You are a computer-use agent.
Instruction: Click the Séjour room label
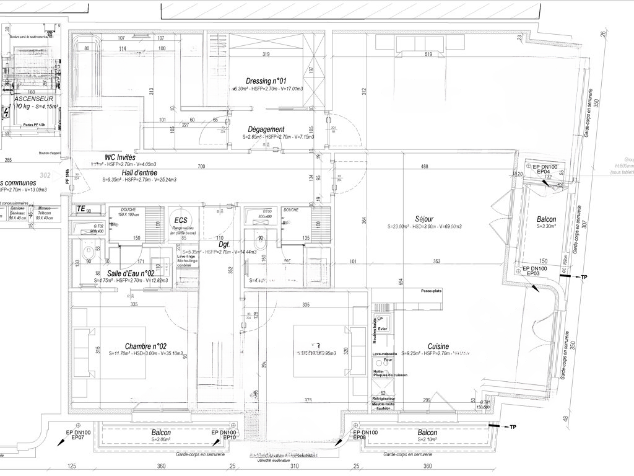[x=425, y=219]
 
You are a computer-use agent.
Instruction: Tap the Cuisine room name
[x=438, y=346]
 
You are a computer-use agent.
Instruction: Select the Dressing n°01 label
[x=267, y=81]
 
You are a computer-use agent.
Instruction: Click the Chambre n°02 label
[x=145, y=346]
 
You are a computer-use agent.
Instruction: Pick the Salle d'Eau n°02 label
[x=131, y=273]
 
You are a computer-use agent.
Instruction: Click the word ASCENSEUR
[x=34, y=99]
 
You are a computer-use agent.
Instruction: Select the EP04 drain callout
[x=544, y=172]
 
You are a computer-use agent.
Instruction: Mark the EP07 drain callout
[x=77, y=437]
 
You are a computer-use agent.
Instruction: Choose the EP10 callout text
[x=230, y=438]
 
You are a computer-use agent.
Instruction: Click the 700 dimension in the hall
[x=201, y=167]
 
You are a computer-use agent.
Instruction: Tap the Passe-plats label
[x=432, y=291]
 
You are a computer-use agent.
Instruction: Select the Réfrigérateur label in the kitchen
[x=384, y=398]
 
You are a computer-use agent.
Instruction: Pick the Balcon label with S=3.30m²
[x=546, y=219]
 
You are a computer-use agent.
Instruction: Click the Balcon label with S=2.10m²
[x=427, y=433]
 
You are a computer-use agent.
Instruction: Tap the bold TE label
[x=80, y=208]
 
